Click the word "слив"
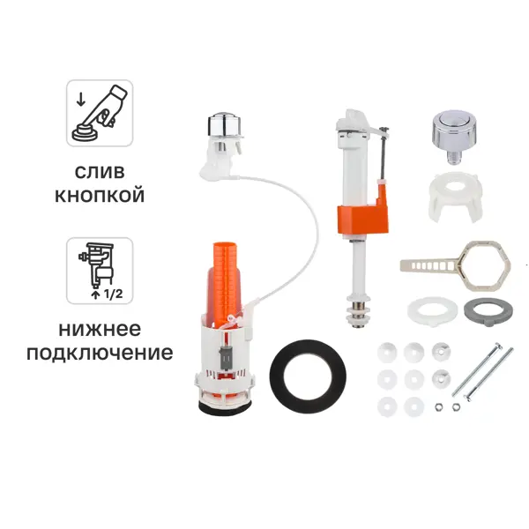coord(100,173)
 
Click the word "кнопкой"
coord(100,196)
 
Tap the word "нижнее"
coord(100,329)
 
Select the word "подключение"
coord(100,354)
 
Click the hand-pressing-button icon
coord(100,113)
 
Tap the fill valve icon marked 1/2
coord(100,271)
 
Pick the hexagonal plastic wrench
coord(486,265)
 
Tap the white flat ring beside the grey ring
coord(432,310)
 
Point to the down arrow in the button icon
coord(80,100)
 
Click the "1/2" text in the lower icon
coord(114,294)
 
